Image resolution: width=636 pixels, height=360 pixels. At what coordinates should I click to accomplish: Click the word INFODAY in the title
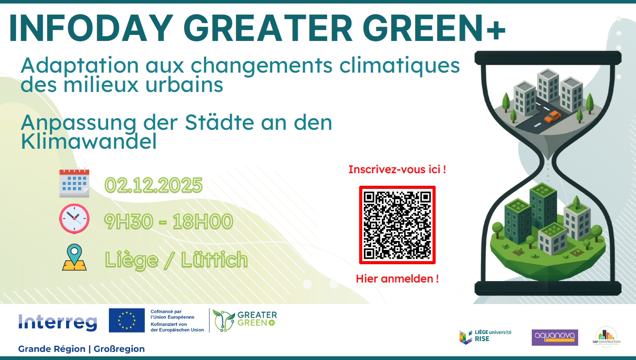(x=91, y=28)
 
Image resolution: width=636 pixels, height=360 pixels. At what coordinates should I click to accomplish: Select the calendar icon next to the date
(x=74, y=183)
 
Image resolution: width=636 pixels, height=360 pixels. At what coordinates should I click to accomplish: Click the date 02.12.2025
(x=153, y=185)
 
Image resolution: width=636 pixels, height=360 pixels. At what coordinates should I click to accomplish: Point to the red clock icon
(x=74, y=219)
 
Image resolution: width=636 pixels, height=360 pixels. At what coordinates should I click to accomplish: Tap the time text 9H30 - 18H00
(x=168, y=222)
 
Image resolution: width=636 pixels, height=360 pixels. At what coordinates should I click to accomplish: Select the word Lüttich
(x=214, y=260)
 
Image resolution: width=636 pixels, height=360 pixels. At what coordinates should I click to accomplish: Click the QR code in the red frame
(x=397, y=225)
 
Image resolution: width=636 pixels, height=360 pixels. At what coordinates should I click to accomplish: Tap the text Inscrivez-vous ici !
(x=397, y=170)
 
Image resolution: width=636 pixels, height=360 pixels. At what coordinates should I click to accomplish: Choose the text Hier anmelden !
(x=397, y=279)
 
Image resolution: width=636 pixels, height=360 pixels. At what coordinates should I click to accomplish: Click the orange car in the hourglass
(x=553, y=116)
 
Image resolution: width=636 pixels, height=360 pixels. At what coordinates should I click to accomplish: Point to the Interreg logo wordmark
(x=58, y=322)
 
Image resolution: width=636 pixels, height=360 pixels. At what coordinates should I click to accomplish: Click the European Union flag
(x=127, y=320)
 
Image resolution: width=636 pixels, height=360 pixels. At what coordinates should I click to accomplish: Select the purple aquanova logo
(x=555, y=337)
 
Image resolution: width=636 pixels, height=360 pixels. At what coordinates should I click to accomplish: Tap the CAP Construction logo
(x=606, y=336)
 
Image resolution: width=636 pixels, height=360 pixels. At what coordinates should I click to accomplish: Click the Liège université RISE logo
(x=485, y=336)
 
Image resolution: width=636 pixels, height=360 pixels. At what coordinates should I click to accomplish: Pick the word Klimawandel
(x=89, y=141)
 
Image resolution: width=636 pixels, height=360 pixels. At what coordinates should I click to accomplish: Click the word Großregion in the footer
(x=119, y=349)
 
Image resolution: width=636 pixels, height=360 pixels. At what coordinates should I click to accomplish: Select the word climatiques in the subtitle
(x=399, y=65)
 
